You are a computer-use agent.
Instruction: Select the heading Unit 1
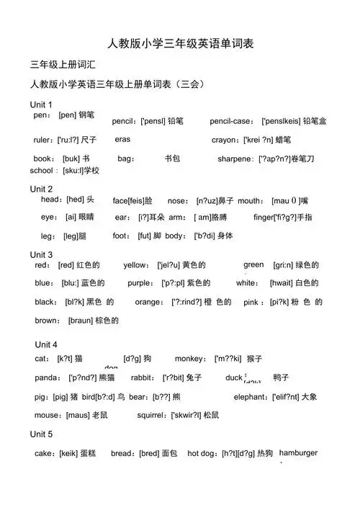41,105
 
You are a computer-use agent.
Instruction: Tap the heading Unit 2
41,189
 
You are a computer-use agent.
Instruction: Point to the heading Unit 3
41,255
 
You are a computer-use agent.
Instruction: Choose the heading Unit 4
46,344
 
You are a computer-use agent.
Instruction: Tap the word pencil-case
230,121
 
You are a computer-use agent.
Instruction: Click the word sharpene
235,158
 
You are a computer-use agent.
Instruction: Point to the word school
42,171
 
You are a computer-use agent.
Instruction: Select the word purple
140,283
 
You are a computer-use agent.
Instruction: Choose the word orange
148,302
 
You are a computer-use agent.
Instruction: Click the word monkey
189,358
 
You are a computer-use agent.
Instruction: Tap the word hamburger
298,452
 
